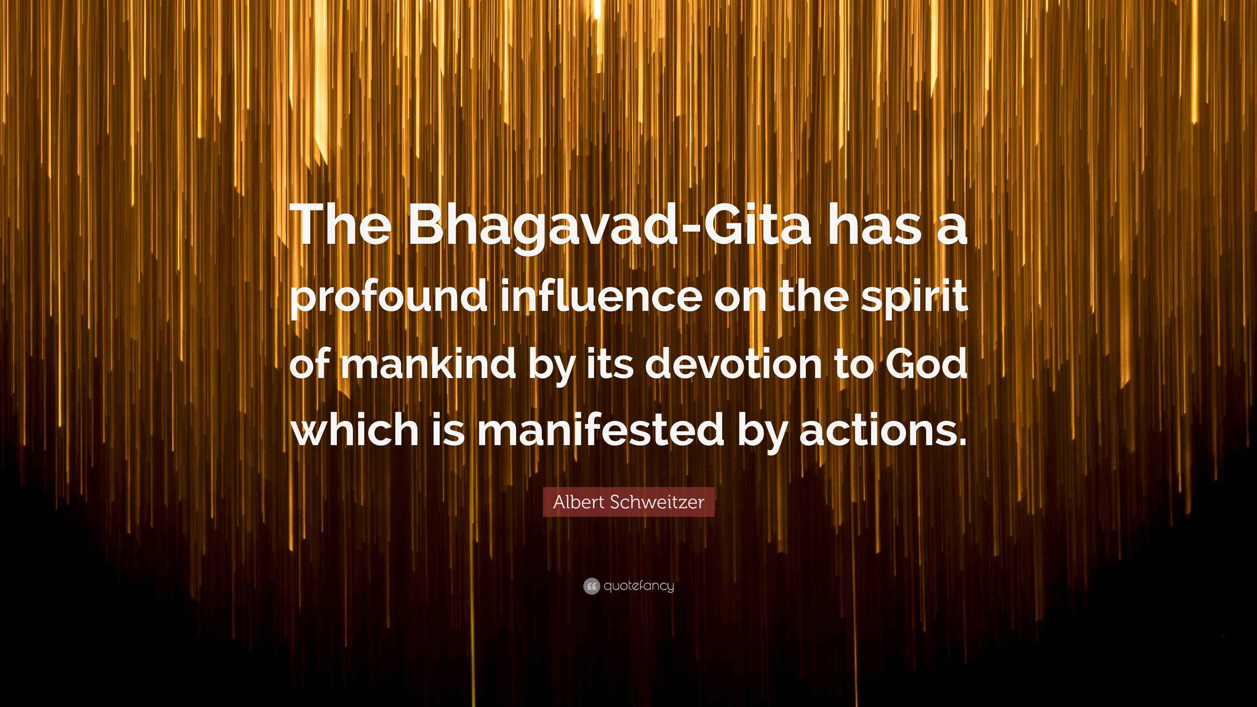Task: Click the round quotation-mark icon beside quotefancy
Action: click(x=592, y=586)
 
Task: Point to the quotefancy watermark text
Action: click(x=639, y=586)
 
